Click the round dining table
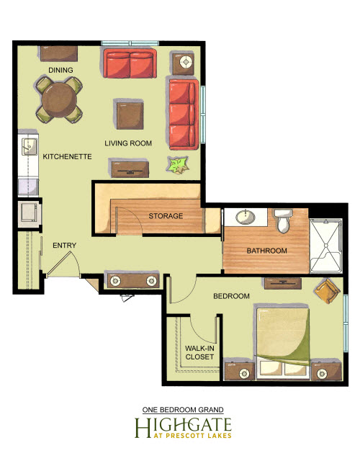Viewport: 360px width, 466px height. [x=60, y=100]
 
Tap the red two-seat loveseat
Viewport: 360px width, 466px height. [x=130, y=63]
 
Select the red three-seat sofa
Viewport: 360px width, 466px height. [x=184, y=115]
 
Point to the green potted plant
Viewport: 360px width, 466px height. [x=178, y=165]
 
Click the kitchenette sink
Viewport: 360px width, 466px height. [x=30, y=146]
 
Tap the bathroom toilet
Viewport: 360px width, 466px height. [x=284, y=220]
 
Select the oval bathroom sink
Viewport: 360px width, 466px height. [x=246, y=217]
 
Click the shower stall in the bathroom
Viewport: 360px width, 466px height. [x=326, y=246]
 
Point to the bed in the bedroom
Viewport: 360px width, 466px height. [x=282, y=342]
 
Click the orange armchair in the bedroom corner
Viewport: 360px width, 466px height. [x=328, y=291]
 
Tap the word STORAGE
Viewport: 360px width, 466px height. [x=166, y=216]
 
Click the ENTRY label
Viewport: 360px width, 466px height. [x=65, y=245]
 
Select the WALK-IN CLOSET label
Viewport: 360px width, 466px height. [x=199, y=352]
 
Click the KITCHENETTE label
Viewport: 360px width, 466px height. [x=67, y=156]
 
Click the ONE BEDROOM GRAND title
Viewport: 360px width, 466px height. [x=183, y=410]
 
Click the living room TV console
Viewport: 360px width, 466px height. [x=130, y=169]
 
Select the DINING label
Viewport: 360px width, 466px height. [x=60, y=70]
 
